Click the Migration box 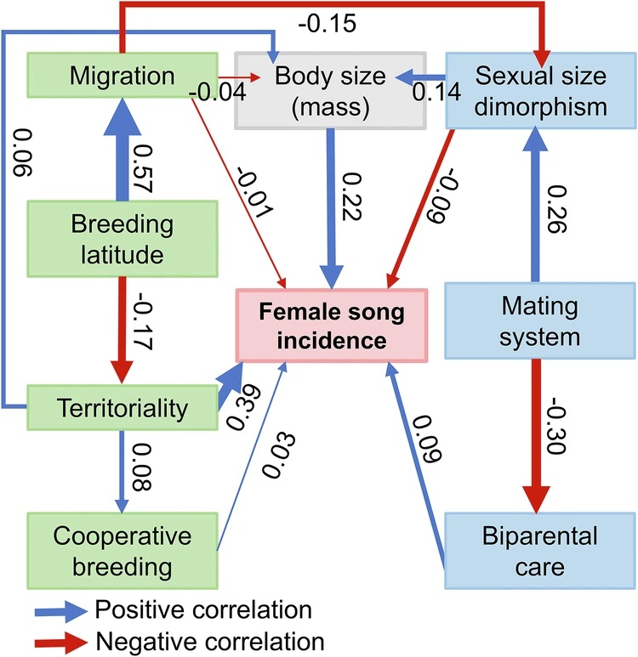coord(122,76)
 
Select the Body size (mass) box coord(331,90)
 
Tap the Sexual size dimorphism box coord(540,90)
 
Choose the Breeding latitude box coord(122,239)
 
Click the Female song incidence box coord(332,326)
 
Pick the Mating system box coord(540,321)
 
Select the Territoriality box coord(122,408)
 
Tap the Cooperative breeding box coord(122,551)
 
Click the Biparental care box coord(540,551)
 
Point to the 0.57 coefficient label coord(142,168)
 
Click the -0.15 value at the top coord(328,23)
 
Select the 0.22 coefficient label coord(351,196)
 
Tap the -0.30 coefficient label coord(557,426)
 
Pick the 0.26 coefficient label coord(557,209)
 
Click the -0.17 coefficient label coord(142,321)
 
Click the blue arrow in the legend coord(61,611)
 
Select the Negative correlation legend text coord(210,641)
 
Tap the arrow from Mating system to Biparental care coord(537,436)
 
